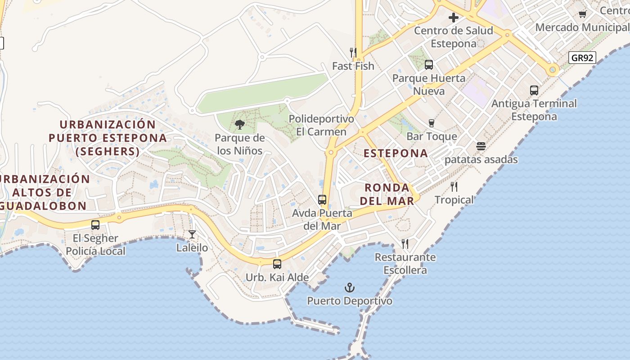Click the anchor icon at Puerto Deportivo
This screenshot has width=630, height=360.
pos(350,288)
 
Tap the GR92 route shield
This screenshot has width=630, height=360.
pos(582,58)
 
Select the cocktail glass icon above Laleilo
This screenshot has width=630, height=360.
pos(192,234)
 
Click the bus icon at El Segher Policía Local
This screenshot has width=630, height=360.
pos(95,225)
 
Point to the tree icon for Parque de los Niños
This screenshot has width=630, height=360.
pos(240,124)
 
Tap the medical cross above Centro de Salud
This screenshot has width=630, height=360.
pos(454,18)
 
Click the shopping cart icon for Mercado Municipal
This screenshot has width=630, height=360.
pos(583,14)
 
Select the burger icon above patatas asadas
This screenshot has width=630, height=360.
pos(481,146)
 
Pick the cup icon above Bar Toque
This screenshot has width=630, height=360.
pos(432,123)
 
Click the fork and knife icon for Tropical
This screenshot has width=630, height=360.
pos(454,187)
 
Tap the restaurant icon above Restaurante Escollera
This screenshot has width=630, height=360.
pos(405,244)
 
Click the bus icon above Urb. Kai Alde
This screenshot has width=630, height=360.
pos(277,264)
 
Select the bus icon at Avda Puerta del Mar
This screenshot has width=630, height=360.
pos(322,199)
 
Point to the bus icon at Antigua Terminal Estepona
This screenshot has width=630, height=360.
pos(534,90)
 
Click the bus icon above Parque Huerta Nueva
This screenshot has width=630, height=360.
pos(429,65)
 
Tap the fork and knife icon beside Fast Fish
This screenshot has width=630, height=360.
pos(353,53)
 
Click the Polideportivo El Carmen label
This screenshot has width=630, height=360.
pos(321,126)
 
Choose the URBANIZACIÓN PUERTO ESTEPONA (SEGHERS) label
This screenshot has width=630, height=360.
pos(108,138)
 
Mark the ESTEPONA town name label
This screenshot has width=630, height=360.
pos(396,153)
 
